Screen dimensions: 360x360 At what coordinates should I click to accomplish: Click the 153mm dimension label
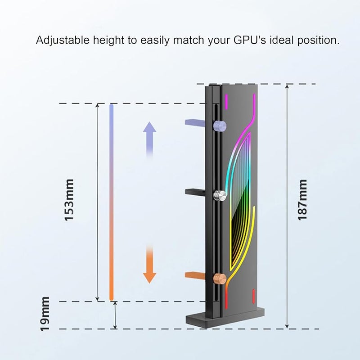pyautogui.click(x=69, y=200)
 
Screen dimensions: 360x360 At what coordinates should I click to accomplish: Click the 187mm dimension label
pyautogui.click(x=303, y=199)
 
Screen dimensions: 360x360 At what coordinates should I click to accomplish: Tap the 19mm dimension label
pyautogui.click(x=45, y=314)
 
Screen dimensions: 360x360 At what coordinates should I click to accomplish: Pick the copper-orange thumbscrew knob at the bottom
pyautogui.click(x=220, y=278)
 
